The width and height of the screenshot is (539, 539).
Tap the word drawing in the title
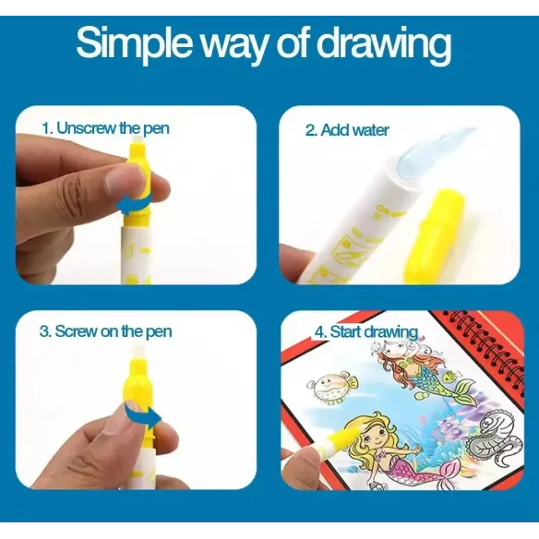click(383, 45)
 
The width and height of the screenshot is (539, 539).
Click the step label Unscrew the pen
click(105, 128)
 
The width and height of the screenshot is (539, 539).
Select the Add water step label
click(347, 130)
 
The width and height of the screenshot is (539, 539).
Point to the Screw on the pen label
click(105, 331)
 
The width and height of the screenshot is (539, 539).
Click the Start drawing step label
click(366, 332)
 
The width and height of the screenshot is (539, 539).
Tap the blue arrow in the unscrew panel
click(134, 205)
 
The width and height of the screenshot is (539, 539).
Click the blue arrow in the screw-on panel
click(143, 415)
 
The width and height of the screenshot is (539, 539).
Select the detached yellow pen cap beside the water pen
click(434, 235)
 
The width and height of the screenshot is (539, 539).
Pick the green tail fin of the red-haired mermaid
click(464, 390)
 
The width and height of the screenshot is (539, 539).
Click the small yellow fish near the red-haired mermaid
click(448, 377)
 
